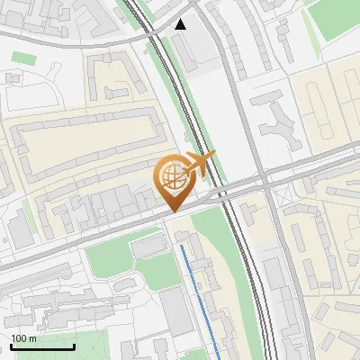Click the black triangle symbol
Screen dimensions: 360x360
point(181,24)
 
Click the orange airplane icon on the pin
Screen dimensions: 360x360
point(199,164)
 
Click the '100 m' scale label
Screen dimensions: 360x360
point(24,338)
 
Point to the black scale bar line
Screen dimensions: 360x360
point(42,347)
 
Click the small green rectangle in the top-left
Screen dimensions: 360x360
point(23,58)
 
